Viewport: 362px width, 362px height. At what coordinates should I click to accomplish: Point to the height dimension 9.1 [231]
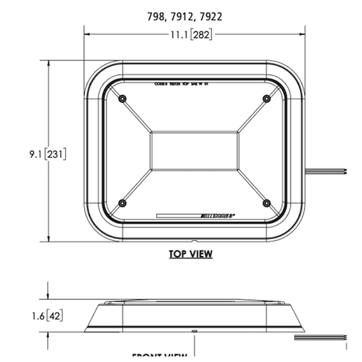[48, 154]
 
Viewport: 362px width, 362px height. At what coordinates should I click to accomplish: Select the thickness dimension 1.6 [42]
[48, 316]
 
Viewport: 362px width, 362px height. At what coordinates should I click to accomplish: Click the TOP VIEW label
[191, 254]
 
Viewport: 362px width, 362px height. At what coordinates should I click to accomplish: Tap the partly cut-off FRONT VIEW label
[160, 357]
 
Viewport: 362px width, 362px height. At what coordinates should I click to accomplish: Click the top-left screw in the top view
[122, 98]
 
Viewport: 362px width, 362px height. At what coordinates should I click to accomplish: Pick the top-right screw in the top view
[266, 98]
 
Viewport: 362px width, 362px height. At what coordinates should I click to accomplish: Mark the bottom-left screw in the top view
[122, 203]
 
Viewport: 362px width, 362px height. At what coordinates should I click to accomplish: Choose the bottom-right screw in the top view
[266, 203]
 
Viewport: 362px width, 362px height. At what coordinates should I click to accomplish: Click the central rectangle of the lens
[194, 150]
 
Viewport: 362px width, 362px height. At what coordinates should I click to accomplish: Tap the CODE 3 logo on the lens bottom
[216, 214]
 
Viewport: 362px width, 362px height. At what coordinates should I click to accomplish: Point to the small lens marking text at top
[181, 86]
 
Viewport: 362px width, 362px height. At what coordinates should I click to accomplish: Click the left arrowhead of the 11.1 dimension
[87, 35]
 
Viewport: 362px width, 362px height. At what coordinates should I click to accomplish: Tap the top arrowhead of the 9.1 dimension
[48, 63]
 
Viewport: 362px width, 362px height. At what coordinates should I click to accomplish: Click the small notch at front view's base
[194, 331]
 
